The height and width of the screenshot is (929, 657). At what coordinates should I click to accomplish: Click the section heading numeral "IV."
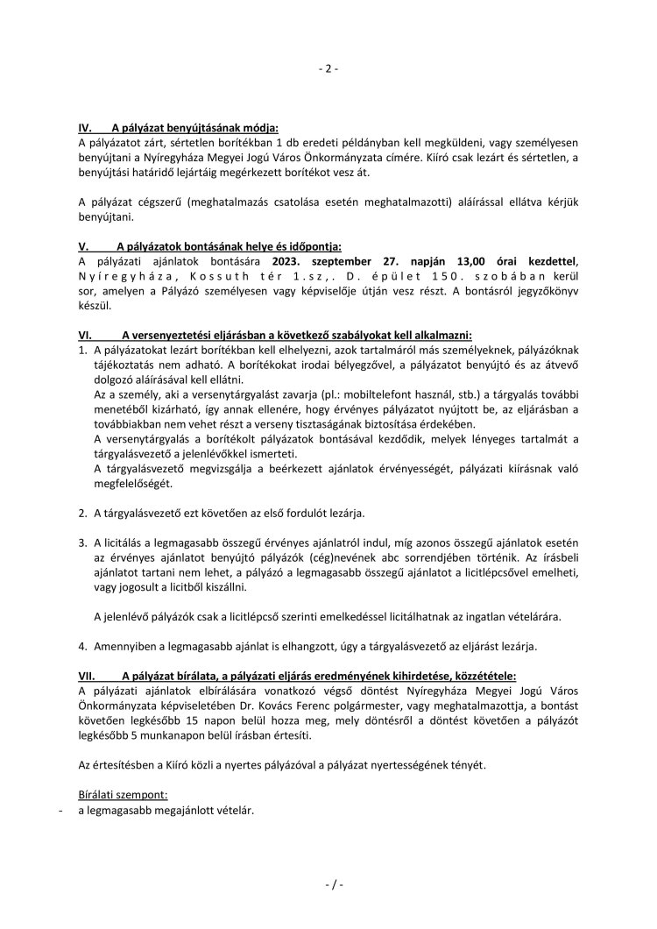pyautogui.click(x=86, y=127)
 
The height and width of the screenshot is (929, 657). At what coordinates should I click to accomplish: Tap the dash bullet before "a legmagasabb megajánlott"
pyautogui.click(x=58, y=811)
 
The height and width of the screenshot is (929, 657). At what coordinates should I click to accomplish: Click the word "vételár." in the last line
pyautogui.click(x=232, y=811)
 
